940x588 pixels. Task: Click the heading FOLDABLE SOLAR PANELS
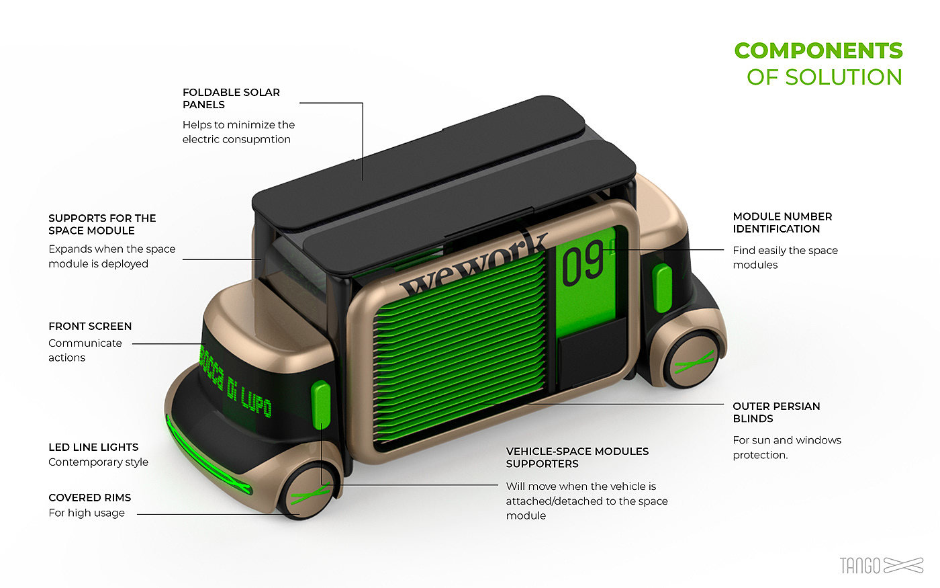pos(231,98)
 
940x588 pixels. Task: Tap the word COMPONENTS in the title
pos(818,50)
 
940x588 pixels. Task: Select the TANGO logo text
pos(859,565)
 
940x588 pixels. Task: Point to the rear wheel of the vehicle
pos(692,361)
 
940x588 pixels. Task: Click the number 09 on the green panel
pos(582,264)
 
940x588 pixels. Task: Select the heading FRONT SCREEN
pos(90,326)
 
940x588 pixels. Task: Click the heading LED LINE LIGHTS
pos(93,447)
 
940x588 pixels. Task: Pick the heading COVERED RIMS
pos(90,497)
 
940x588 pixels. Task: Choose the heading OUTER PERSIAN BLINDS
pos(776,412)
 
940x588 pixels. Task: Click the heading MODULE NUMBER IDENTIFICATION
pos(782,222)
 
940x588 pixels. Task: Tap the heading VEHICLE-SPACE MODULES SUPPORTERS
pos(577,457)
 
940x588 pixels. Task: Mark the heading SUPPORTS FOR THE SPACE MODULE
pos(102,224)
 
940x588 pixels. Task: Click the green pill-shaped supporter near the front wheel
pos(321,404)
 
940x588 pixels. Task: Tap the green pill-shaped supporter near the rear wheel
pos(663,288)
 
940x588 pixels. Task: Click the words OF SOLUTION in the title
pos(824,77)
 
